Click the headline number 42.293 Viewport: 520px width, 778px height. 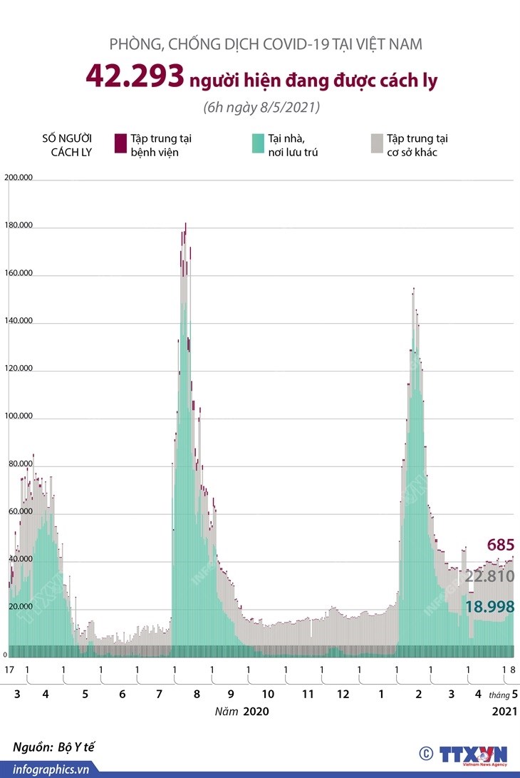point(134,78)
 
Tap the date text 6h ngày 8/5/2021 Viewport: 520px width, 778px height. point(260,108)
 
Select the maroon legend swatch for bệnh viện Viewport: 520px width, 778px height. point(120,143)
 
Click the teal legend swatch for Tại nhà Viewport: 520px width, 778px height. point(258,143)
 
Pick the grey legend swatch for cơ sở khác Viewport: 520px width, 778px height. point(376,143)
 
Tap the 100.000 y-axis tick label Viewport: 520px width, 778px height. point(19,416)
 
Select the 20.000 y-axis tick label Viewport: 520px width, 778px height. point(19,607)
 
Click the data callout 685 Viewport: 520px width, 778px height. point(500,546)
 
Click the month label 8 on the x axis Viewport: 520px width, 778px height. point(194,694)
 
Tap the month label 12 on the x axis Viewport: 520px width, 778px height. point(343,694)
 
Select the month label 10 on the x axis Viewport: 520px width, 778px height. point(268,694)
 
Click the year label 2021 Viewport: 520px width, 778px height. point(504,712)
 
